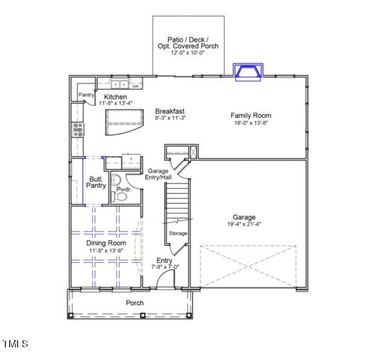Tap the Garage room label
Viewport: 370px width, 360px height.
coord(244,217)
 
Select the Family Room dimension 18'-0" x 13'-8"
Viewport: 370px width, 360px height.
coord(250,123)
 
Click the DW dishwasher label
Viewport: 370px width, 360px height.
coord(136,86)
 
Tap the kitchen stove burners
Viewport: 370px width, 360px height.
coord(78,128)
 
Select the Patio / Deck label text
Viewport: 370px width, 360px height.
coord(188,39)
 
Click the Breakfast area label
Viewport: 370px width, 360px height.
coord(170,111)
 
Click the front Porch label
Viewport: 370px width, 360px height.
coord(134,303)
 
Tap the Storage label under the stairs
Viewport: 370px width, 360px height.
coord(178,233)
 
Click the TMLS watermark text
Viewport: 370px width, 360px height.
coord(15,344)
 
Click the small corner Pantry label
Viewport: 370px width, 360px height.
coord(86,95)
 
